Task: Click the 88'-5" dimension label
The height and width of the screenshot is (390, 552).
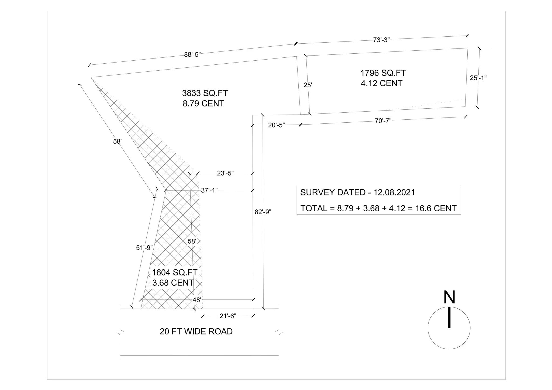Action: (192, 54)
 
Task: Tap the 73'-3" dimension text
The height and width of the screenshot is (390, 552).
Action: (381, 40)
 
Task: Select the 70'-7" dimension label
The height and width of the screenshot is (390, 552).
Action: (383, 121)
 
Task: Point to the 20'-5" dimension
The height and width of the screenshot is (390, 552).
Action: (276, 125)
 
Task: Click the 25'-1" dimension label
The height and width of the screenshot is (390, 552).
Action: (478, 78)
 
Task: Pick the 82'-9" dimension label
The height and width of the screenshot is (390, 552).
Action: (263, 212)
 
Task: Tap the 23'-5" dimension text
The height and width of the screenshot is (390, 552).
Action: (225, 173)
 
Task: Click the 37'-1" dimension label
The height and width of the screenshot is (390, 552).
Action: (209, 190)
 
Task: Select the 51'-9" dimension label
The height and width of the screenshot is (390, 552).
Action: (144, 248)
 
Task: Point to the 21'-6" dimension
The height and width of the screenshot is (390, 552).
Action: (228, 316)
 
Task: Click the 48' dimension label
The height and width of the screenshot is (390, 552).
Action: (197, 300)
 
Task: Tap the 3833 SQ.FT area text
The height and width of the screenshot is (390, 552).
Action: (205, 93)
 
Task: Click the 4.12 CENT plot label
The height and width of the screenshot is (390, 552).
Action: (381, 83)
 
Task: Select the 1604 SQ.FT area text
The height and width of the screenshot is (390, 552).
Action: (175, 272)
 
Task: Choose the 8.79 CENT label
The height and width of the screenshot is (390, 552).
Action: (203, 103)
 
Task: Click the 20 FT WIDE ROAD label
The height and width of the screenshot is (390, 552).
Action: (196, 332)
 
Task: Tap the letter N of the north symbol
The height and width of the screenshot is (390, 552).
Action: (449, 297)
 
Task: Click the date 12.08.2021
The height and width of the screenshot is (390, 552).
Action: (394, 192)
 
